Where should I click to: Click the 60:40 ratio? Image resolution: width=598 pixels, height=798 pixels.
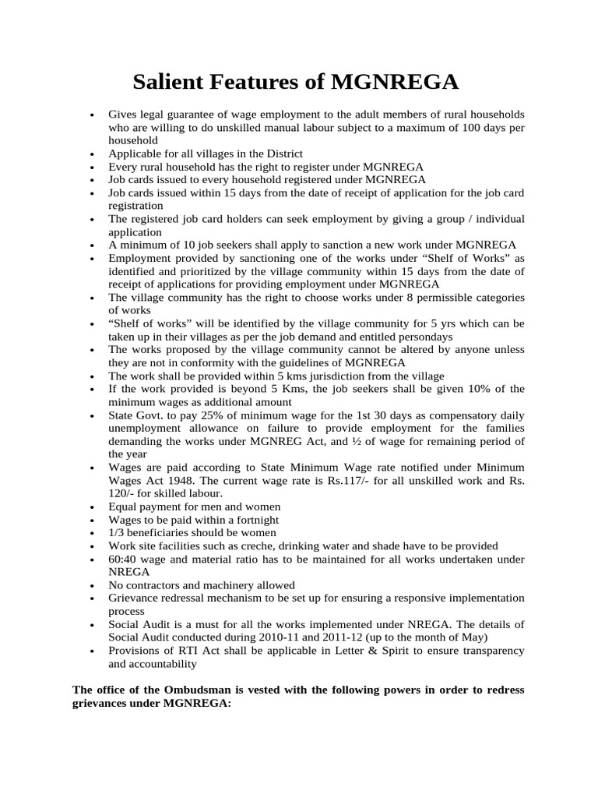tap(123, 560)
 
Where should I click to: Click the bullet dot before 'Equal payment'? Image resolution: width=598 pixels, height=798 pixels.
tap(93, 507)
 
